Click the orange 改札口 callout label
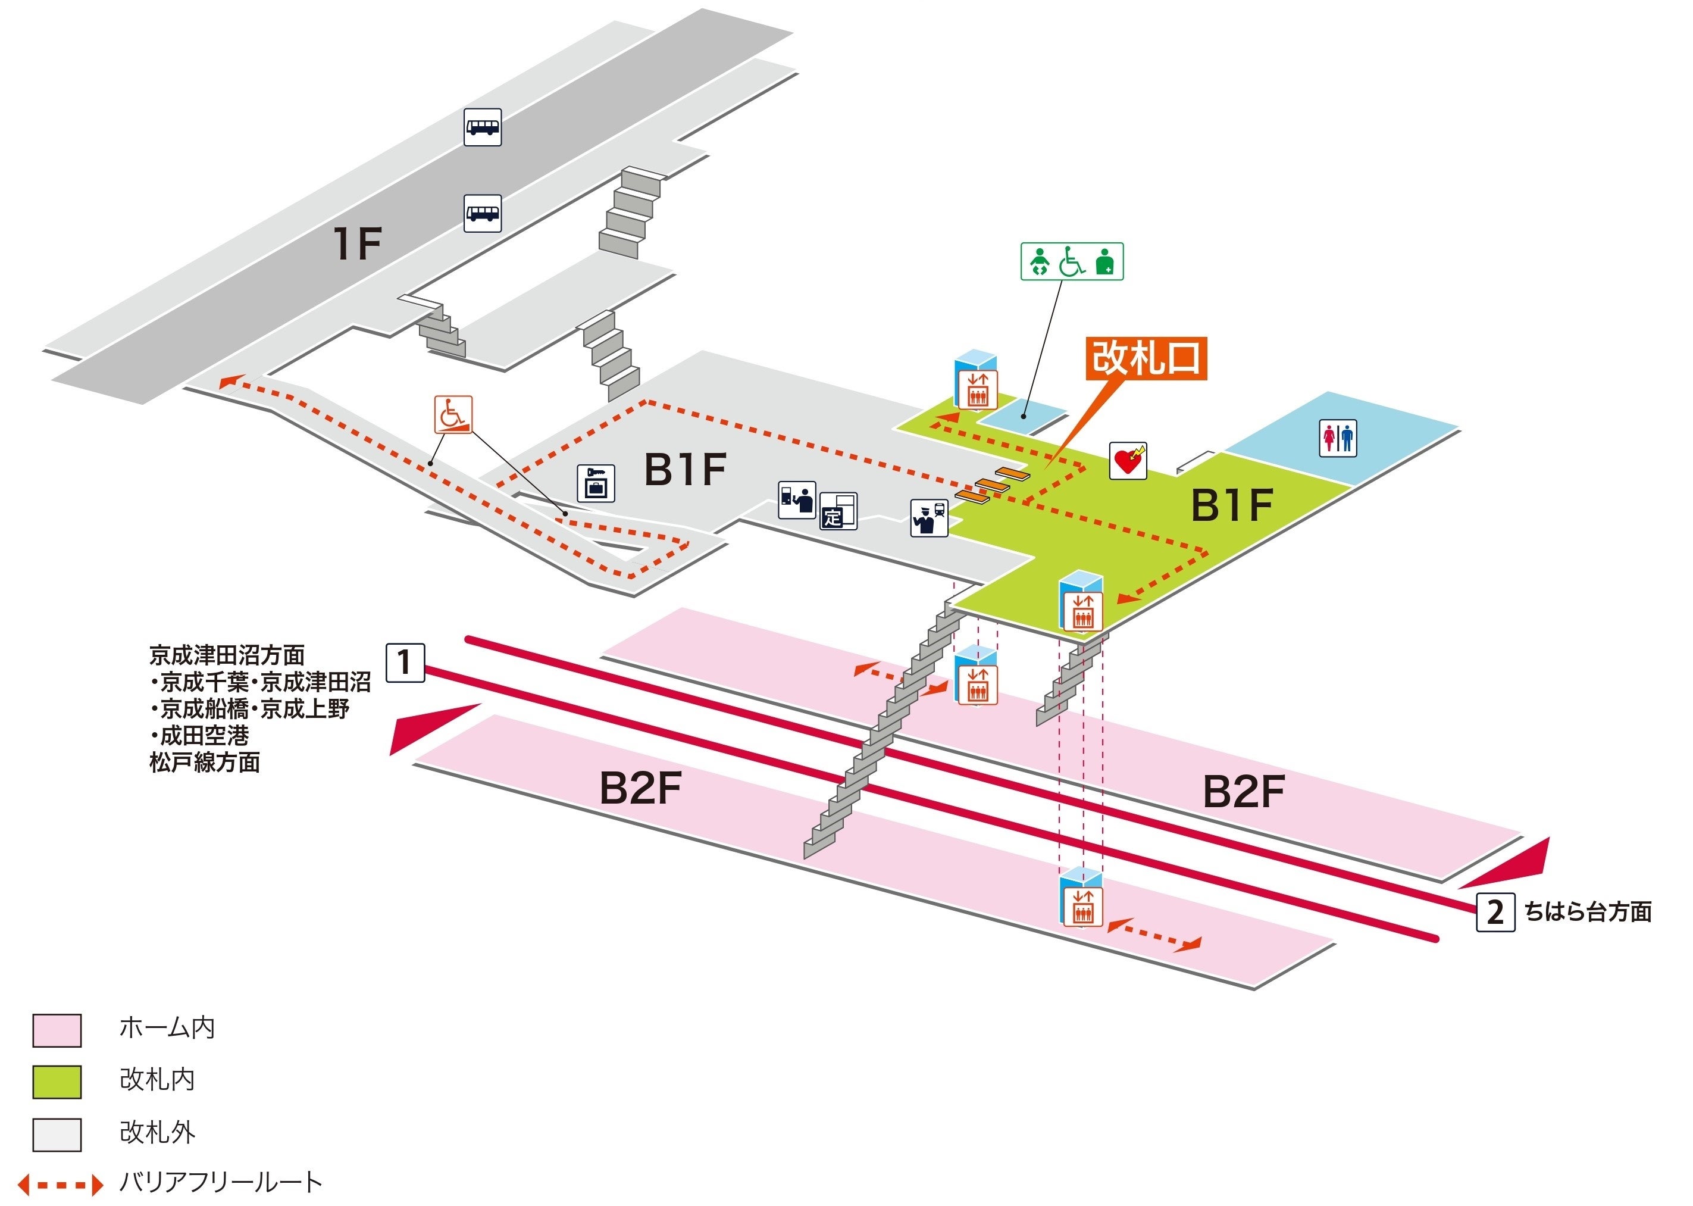pyautogui.click(x=1146, y=359)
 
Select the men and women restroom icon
pyautogui.click(x=1338, y=438)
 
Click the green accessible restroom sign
pyautogui.click(x=1072, y=261)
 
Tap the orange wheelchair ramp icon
pyautogui.click(x=453, y=414)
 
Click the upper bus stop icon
pyautogui.click(x=483, y=127)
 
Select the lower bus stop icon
pyautogui.click(x=483, y=214)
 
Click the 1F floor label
pyautogui.click(x=357, y=243)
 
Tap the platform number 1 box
pyautogui.click(x=405, y=663)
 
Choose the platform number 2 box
pyautogui.click(x=1495, y=912)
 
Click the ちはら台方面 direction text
pyautogui.click(x=1588, y=912)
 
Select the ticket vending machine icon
pyautogui.click(x=796, y=500)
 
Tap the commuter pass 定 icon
pyautogui.click(x=838, y=511)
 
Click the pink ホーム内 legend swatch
pyautogui.click(x=57, y=1030)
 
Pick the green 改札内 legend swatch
pyautogui.click(x=57, y=1082)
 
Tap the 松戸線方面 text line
pyautogui.click(x=205, y=763)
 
